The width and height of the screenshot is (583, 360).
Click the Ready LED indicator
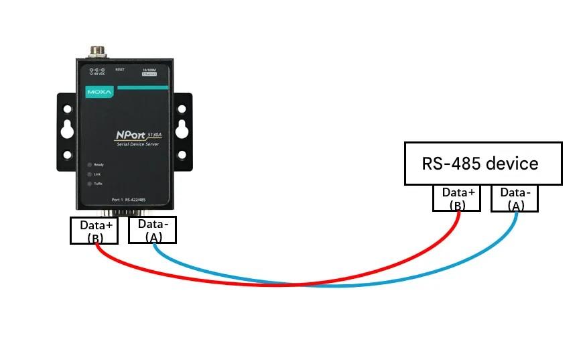88,164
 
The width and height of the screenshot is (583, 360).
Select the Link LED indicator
88,174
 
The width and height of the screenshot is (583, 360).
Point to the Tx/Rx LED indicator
88,183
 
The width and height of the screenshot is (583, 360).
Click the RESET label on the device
120,69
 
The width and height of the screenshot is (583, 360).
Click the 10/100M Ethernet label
148,71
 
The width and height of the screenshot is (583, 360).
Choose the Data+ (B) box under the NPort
94,230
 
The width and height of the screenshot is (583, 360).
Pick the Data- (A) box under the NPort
152,230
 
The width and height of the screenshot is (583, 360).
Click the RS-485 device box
482,163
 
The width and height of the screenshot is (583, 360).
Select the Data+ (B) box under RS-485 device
457,198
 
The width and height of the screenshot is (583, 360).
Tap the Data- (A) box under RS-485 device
515,198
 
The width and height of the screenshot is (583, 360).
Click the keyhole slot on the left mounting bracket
67,131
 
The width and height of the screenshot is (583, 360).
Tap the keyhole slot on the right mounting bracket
182,131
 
